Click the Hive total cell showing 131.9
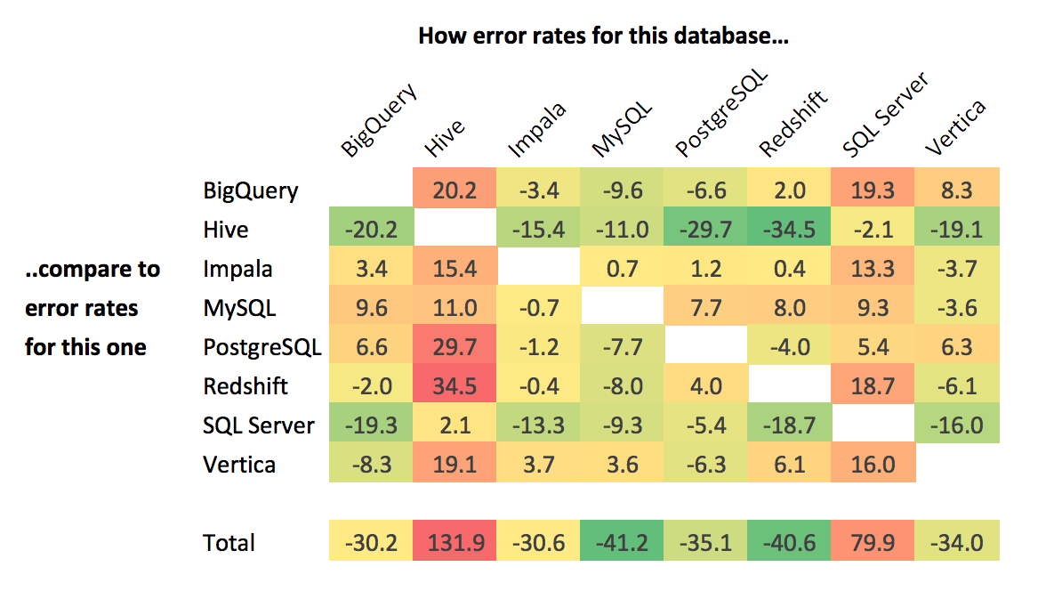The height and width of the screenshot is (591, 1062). [x=455, y=543]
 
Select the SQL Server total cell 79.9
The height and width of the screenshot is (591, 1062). [x=874, y=543]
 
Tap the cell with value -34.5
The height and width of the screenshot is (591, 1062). [x=791, y=230]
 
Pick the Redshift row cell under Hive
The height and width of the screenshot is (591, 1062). [x=455, y=386]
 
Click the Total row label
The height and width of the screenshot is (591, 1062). [x=229, y=543]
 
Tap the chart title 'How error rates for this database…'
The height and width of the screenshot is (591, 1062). [x=604, y=36]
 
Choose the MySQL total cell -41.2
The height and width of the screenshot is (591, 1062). [x=623, y=543]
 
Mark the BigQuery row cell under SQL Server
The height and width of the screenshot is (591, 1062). [x=874, y=190]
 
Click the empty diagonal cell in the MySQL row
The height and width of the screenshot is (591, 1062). [x=623, y=308]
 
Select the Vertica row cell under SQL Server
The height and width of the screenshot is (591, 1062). [x=874, y=465]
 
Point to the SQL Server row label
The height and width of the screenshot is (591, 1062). [x=259, y=425]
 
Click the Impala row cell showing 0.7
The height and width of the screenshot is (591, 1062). [x=623, y=269]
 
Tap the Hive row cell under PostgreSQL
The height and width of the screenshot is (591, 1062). [x=706, y=230]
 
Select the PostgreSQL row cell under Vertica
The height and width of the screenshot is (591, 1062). [x=958, y=347]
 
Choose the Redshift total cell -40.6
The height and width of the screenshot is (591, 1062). [x=791, y=543]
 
